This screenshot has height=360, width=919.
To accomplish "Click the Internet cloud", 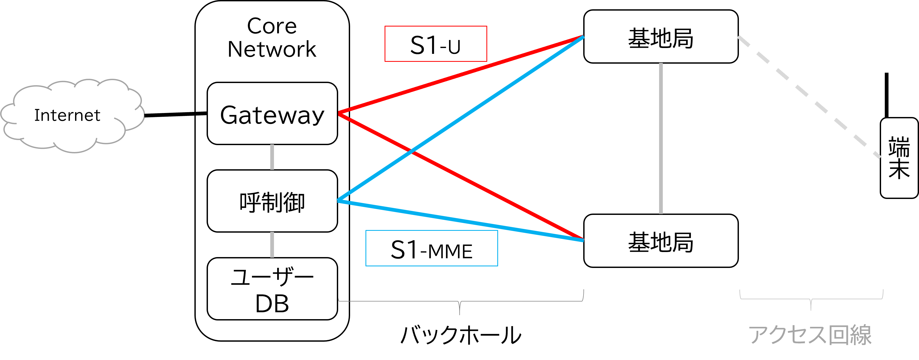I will pyautogui.click(x=68, y=115).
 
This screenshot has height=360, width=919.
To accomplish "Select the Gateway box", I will pyautogui.click(x=272, y=114).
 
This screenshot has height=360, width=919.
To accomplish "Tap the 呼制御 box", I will pyautogui.click(x=272, y=201).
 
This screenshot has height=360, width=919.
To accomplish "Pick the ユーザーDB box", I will pyautogui.click(x=272, y=289).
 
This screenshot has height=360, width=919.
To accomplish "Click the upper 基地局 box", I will pyautogui.click(x=661, y=37).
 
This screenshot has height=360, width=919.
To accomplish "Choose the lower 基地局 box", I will pyautogui.click(x=661, y=241).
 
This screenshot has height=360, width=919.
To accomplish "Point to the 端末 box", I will pyautogui.click(x=899, y=158).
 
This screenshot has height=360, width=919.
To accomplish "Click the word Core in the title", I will pyautogui.click(x=272, y=26).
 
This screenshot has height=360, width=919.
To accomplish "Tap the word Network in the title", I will pyautogui.click(x=272, y=49).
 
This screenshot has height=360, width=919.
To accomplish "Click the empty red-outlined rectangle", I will pyautogui.click(x=435, y=44).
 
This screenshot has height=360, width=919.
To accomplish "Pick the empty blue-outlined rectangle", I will pyautogui.click(x=432, y=248).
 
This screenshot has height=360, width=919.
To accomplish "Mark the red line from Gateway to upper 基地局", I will pyautogui.click(x=460, y=75).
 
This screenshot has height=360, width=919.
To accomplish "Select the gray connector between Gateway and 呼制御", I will pyautogui.click(x=272, y=157).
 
